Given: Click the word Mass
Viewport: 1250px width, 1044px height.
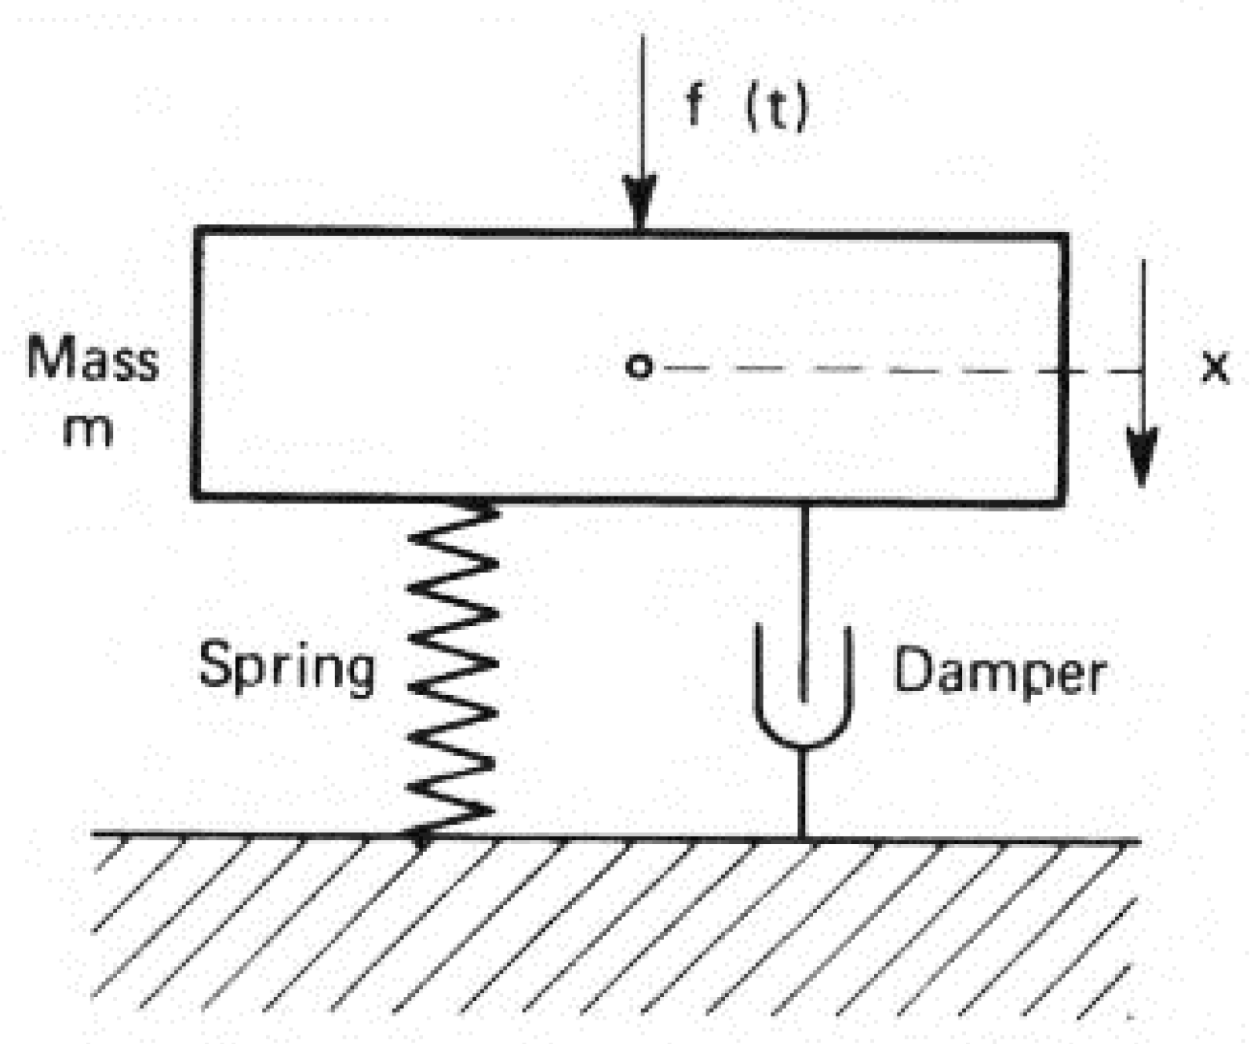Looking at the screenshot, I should click(93, 359).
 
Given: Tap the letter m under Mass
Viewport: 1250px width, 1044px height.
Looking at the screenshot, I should click(87, 431).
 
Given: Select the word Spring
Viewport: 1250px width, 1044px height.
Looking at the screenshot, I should click(286, 668).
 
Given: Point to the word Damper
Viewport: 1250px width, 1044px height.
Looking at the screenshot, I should click(1000, 672).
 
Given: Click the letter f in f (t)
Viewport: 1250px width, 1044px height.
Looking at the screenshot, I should click(694, 105).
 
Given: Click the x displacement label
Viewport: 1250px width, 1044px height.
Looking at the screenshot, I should click(1215, 366).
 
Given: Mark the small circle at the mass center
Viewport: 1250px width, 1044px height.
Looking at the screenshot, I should click(639, 366).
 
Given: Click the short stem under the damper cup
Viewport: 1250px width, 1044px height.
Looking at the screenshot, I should click(802, 792).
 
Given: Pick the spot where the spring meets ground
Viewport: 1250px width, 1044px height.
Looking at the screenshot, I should click(420, 836).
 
